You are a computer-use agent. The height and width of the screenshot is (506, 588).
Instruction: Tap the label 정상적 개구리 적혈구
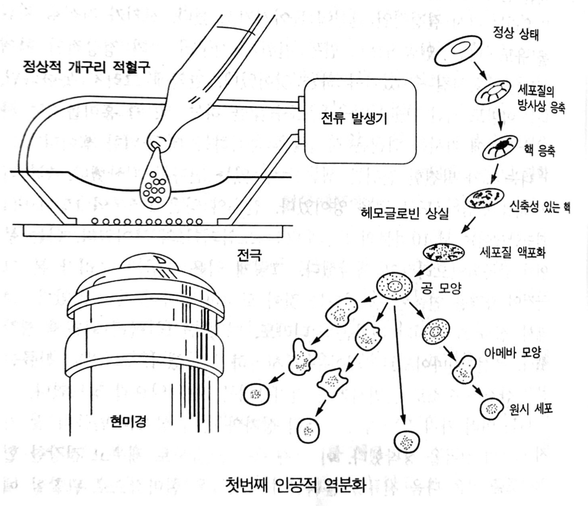[x=87, y=67]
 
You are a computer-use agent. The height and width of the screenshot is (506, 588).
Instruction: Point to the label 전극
[x=249, y=254]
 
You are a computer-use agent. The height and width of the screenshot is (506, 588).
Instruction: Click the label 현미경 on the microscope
[x=128, y=421]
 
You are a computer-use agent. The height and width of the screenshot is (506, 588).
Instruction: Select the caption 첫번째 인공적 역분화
[x=296, y=484]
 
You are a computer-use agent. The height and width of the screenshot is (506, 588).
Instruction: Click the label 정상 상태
[x=515, y=34]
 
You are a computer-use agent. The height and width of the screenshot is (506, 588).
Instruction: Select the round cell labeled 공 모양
[x=395, y=286]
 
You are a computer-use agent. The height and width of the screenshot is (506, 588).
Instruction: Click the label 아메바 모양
[x=513, y=352]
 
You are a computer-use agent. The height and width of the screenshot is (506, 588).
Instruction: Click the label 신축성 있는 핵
[x=540, y=207]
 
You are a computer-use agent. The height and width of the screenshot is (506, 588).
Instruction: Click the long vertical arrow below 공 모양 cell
[x=399, y=364]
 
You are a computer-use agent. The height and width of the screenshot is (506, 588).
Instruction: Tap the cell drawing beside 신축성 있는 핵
[x=485, y=198]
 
